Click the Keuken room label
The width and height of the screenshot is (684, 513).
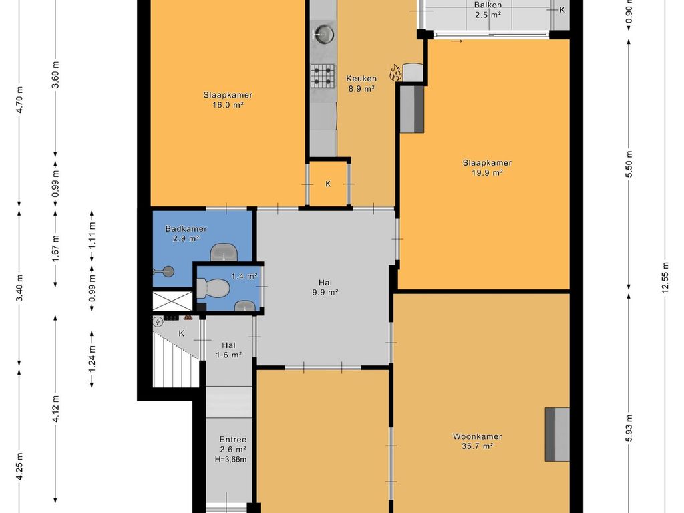pos(361,79)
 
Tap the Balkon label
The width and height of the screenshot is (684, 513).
pos(488,5)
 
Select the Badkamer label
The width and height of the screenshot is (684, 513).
pos(186,228)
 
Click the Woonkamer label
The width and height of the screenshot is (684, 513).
pos(477,436)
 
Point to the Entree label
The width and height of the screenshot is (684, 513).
pos(233,440)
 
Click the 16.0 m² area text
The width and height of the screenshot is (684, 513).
pos(228,105)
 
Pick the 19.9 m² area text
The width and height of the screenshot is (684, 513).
pos(487,173)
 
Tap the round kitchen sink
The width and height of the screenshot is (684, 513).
pos(324,34)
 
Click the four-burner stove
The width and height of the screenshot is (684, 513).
pos(323,76)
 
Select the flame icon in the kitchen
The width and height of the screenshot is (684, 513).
pos(395,72)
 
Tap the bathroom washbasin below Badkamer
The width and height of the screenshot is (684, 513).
pos(224,252)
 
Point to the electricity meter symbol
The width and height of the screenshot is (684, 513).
pos(158,322)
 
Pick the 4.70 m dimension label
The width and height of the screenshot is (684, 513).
pos(20,100)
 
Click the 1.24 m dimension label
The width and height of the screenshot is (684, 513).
pos(92,359)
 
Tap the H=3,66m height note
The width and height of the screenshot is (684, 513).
pos(230,459)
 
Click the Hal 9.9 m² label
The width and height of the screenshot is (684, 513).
pos(325,287)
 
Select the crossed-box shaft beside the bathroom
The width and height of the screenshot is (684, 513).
pos(172,301)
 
